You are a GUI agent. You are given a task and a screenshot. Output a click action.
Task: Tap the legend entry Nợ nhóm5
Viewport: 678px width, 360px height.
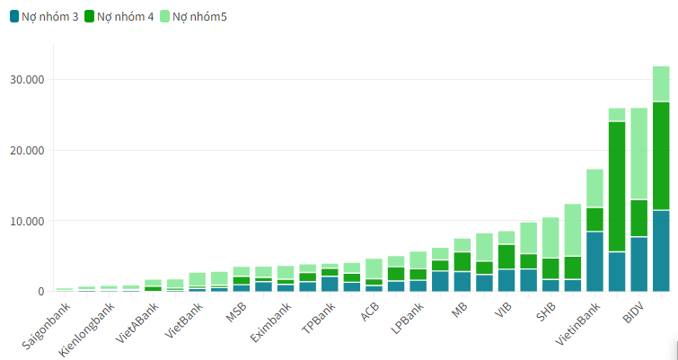point(197,15)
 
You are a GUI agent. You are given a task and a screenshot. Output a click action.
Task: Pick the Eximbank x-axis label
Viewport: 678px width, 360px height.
point(271,324)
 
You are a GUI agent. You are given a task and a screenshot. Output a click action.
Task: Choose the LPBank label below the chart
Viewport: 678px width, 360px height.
point(405,320)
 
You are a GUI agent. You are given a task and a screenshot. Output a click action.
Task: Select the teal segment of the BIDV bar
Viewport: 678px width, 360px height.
point(638,264)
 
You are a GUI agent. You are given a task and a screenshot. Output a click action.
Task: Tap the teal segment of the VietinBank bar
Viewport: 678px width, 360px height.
point(594,261)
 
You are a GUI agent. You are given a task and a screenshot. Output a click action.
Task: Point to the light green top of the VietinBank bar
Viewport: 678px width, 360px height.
point(594,188)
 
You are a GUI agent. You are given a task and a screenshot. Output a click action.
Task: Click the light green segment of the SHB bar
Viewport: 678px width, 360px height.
point(550,238)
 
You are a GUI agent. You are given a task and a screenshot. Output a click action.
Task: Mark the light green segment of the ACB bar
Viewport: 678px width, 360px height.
point(374,268)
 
